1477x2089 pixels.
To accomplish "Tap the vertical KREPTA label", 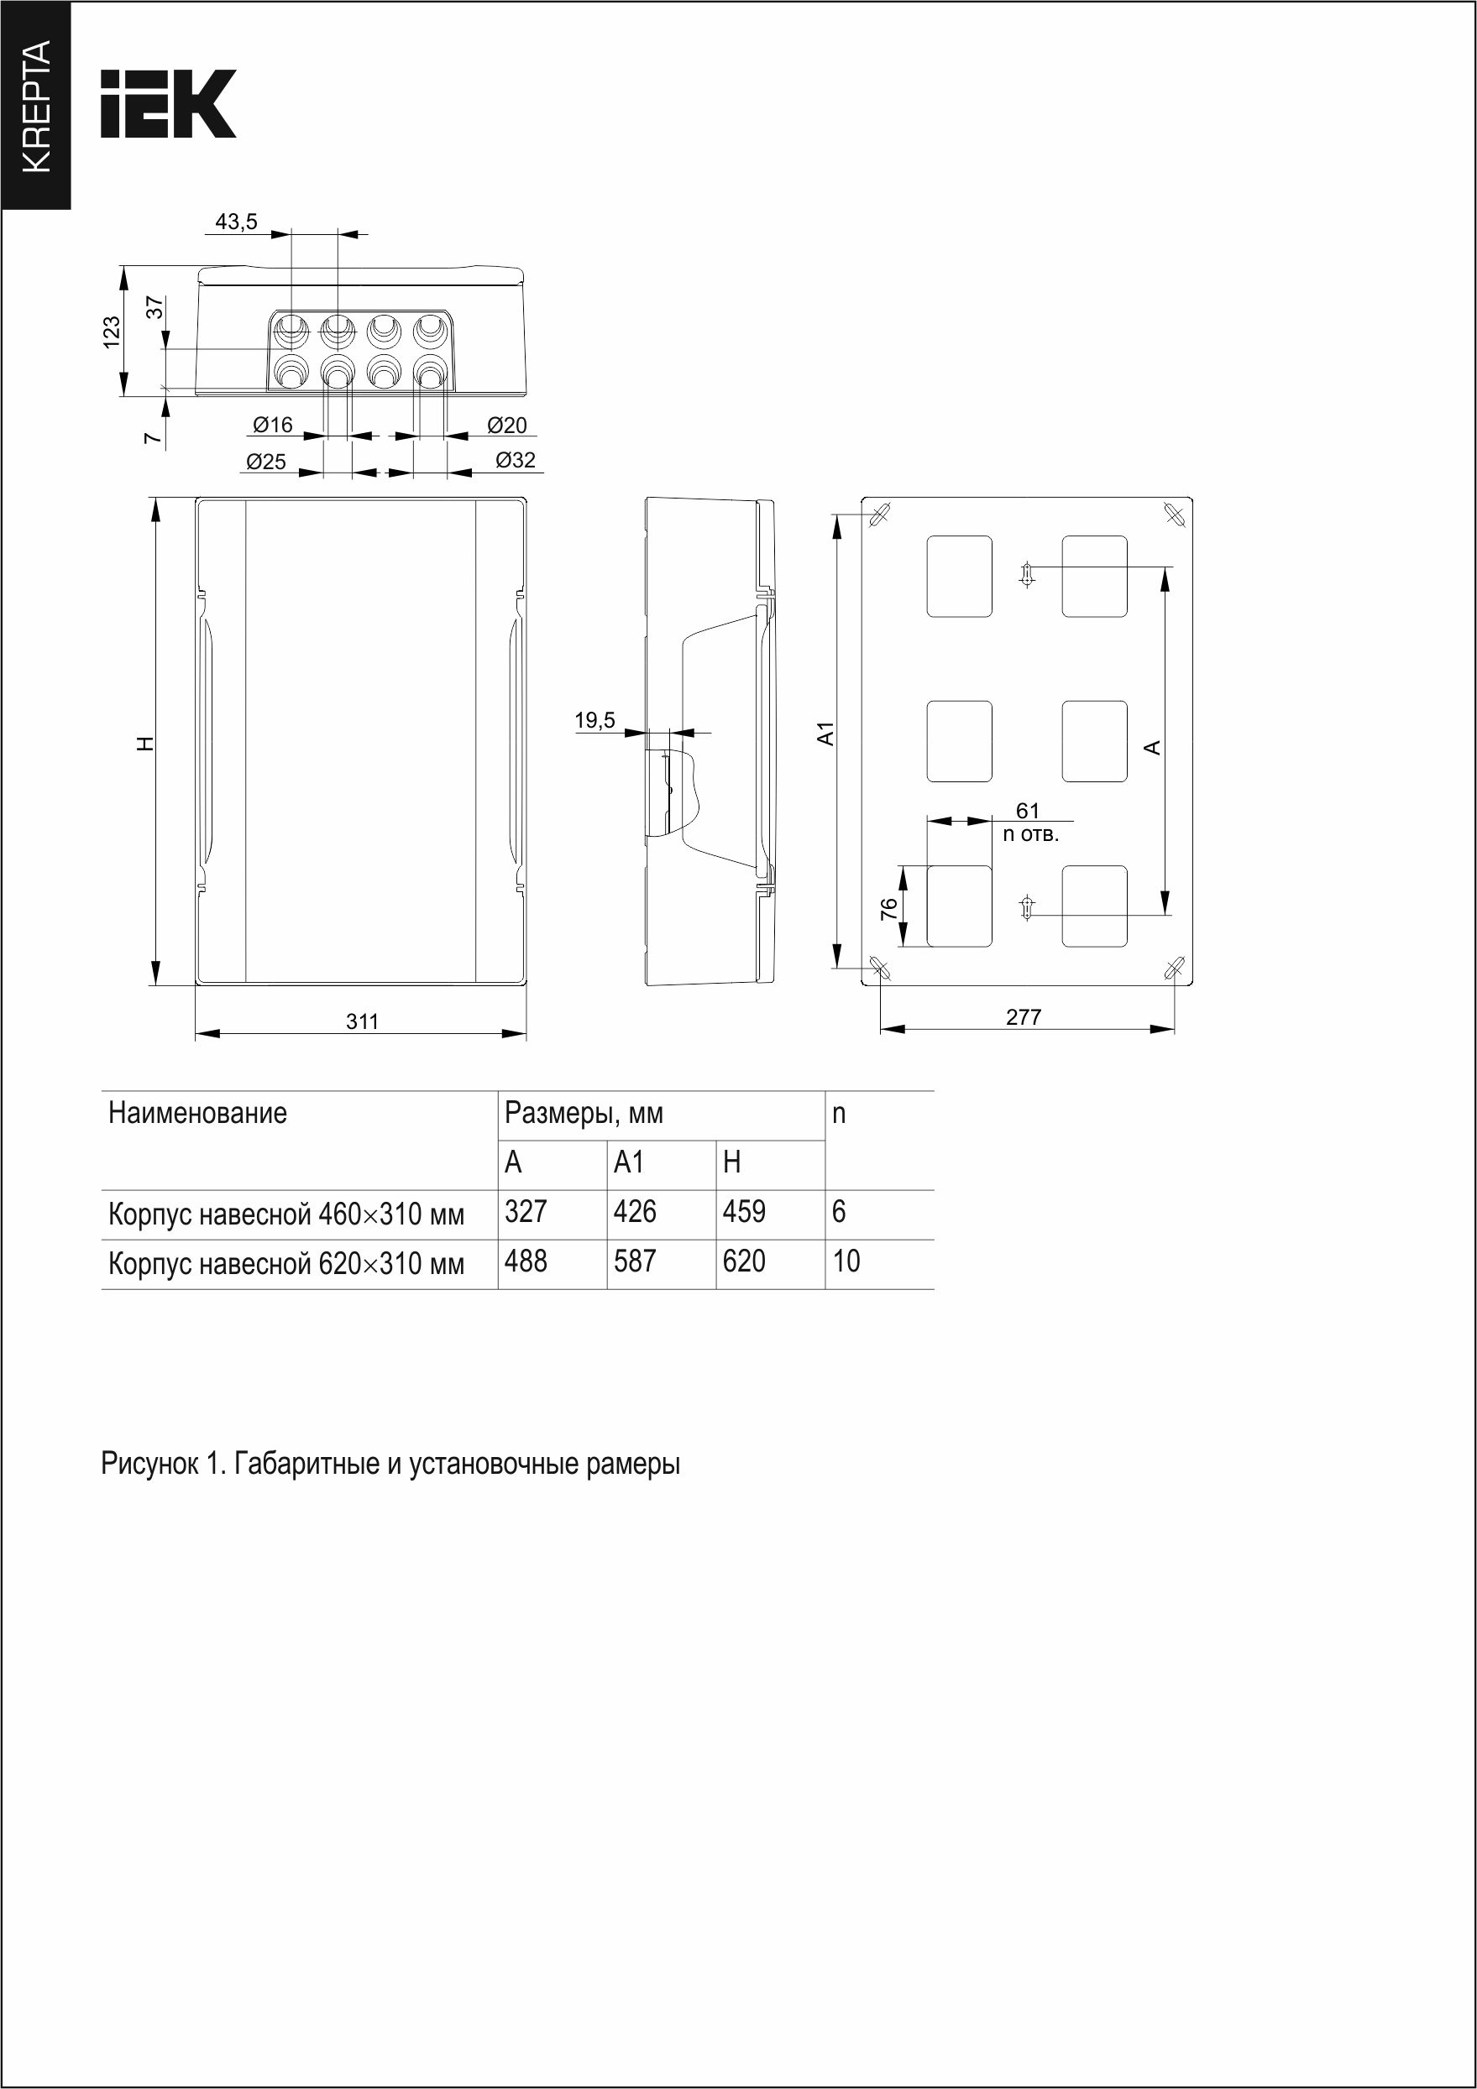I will click(x=35, y=107).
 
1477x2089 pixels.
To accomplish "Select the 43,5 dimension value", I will click(x=237, y=221).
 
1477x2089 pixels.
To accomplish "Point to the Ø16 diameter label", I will click(x=273, y=425).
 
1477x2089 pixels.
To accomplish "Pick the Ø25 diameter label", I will click(x=265, y=462).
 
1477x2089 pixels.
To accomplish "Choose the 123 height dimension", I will click(x=111, y=332).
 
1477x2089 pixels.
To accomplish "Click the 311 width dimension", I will click(x=362, y=1021).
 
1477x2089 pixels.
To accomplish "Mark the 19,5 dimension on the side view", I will click(x=595, y=721).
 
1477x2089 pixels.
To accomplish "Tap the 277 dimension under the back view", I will click(x=1024, y=1017).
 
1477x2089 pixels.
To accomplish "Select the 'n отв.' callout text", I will click(x=1031, y=833).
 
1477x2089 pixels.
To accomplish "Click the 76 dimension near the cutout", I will click(x=889, y=908).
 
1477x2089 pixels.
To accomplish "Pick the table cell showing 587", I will click(x=635, y=1261).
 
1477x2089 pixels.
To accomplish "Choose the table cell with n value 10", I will click(x=846, y=1261).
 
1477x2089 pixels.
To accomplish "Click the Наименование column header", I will click(x=197, y=1113).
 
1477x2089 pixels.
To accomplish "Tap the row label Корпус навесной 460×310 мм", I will click(x=285, y=1214).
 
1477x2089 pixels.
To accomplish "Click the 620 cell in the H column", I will click(x=745, y=1261).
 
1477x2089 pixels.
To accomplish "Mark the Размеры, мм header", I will click(x=584, y=1113).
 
